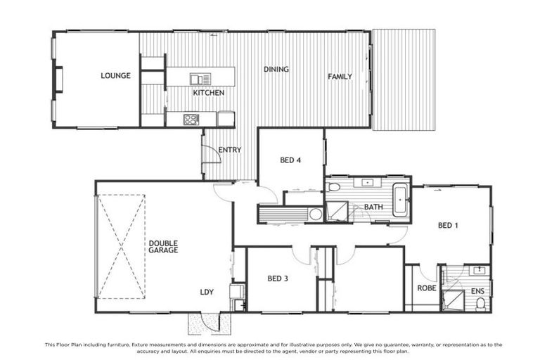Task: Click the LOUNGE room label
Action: (115, 76)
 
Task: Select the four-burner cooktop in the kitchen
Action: (191, 119)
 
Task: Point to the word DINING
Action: (276, 70)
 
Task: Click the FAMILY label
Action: (340, 76)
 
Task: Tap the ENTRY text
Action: (230, 150)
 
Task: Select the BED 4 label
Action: (290, 160)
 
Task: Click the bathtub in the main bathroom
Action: (400, 200)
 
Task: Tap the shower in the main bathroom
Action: (337, 211)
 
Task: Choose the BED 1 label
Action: (448, 226)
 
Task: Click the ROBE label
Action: (427, 288)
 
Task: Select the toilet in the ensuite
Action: (480, 303)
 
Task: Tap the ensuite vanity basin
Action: (481, 270)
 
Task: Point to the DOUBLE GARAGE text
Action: (163, 247)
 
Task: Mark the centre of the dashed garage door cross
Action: (122, 237)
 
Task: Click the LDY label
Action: (207, 292)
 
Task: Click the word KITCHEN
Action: (209, 93)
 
